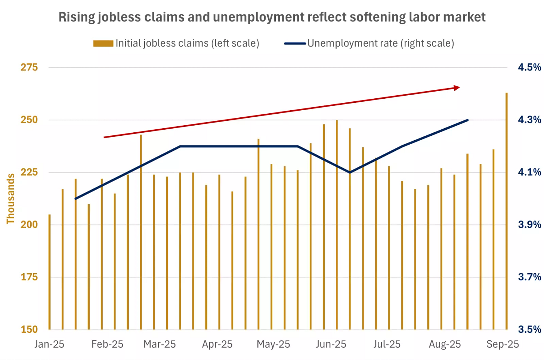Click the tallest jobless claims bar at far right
tap(507, 209)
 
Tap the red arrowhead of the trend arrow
tap(457, 88)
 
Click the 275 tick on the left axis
tap(30, 67)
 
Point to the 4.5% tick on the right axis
tap(529, 67)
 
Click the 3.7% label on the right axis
tap(529, 277)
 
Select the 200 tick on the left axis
tap(30, 225)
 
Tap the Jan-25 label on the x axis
tap(49, 344)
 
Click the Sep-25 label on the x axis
tap(503, 344)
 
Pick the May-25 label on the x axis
tap(273, 344)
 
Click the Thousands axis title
tap(10, 199)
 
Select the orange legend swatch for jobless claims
tap(103, 44)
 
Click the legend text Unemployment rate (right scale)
tap(380, 43)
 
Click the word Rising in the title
tap(76, 17)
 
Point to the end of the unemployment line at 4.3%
tap(468, 120)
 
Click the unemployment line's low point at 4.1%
tap(350, 172)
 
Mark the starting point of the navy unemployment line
tap(75, 199)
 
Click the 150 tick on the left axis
tap(30, 329)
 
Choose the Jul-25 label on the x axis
tap(387, 344)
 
